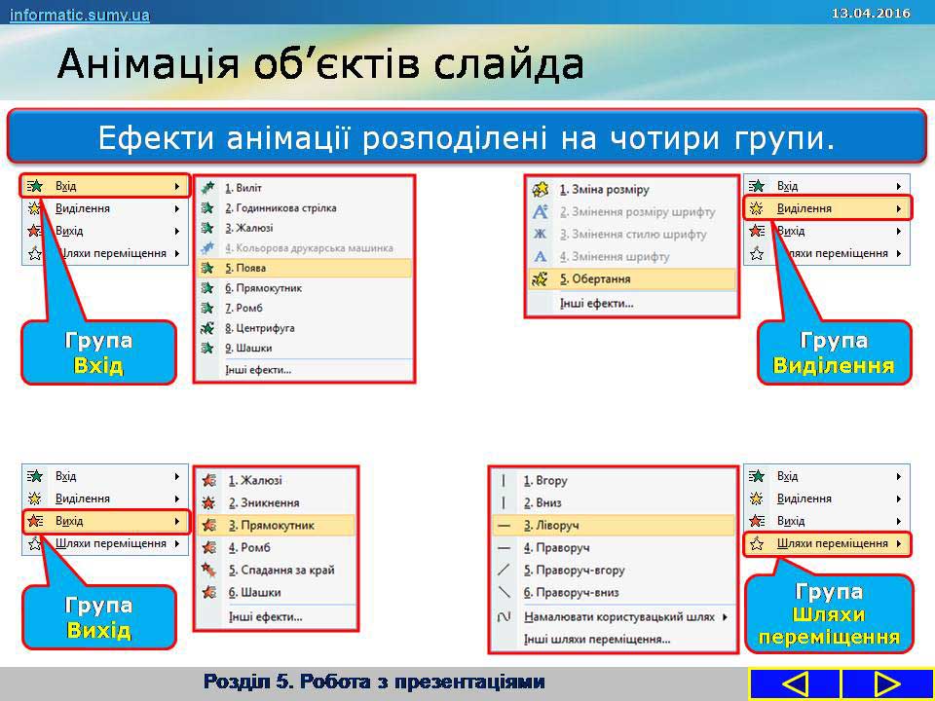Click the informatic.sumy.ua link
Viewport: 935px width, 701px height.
79,15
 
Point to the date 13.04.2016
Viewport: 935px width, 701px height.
871,13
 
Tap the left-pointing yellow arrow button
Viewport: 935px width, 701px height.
795,683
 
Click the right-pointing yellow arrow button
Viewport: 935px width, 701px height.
887,683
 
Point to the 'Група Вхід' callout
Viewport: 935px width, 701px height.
99,352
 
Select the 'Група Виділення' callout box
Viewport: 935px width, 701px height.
835,352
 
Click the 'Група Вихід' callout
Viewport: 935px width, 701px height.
99,617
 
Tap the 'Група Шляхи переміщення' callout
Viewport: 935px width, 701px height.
829,613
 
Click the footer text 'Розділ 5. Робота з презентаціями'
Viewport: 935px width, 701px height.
374,681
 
